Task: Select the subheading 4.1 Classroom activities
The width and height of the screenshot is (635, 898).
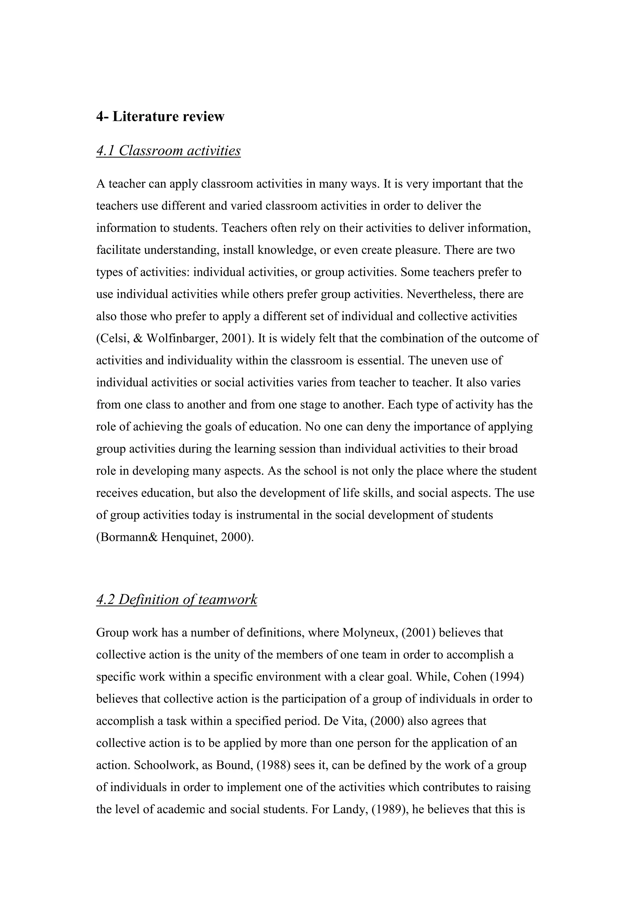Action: point(168,151)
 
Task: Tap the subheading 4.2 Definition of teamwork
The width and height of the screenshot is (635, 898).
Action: point(177,599)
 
